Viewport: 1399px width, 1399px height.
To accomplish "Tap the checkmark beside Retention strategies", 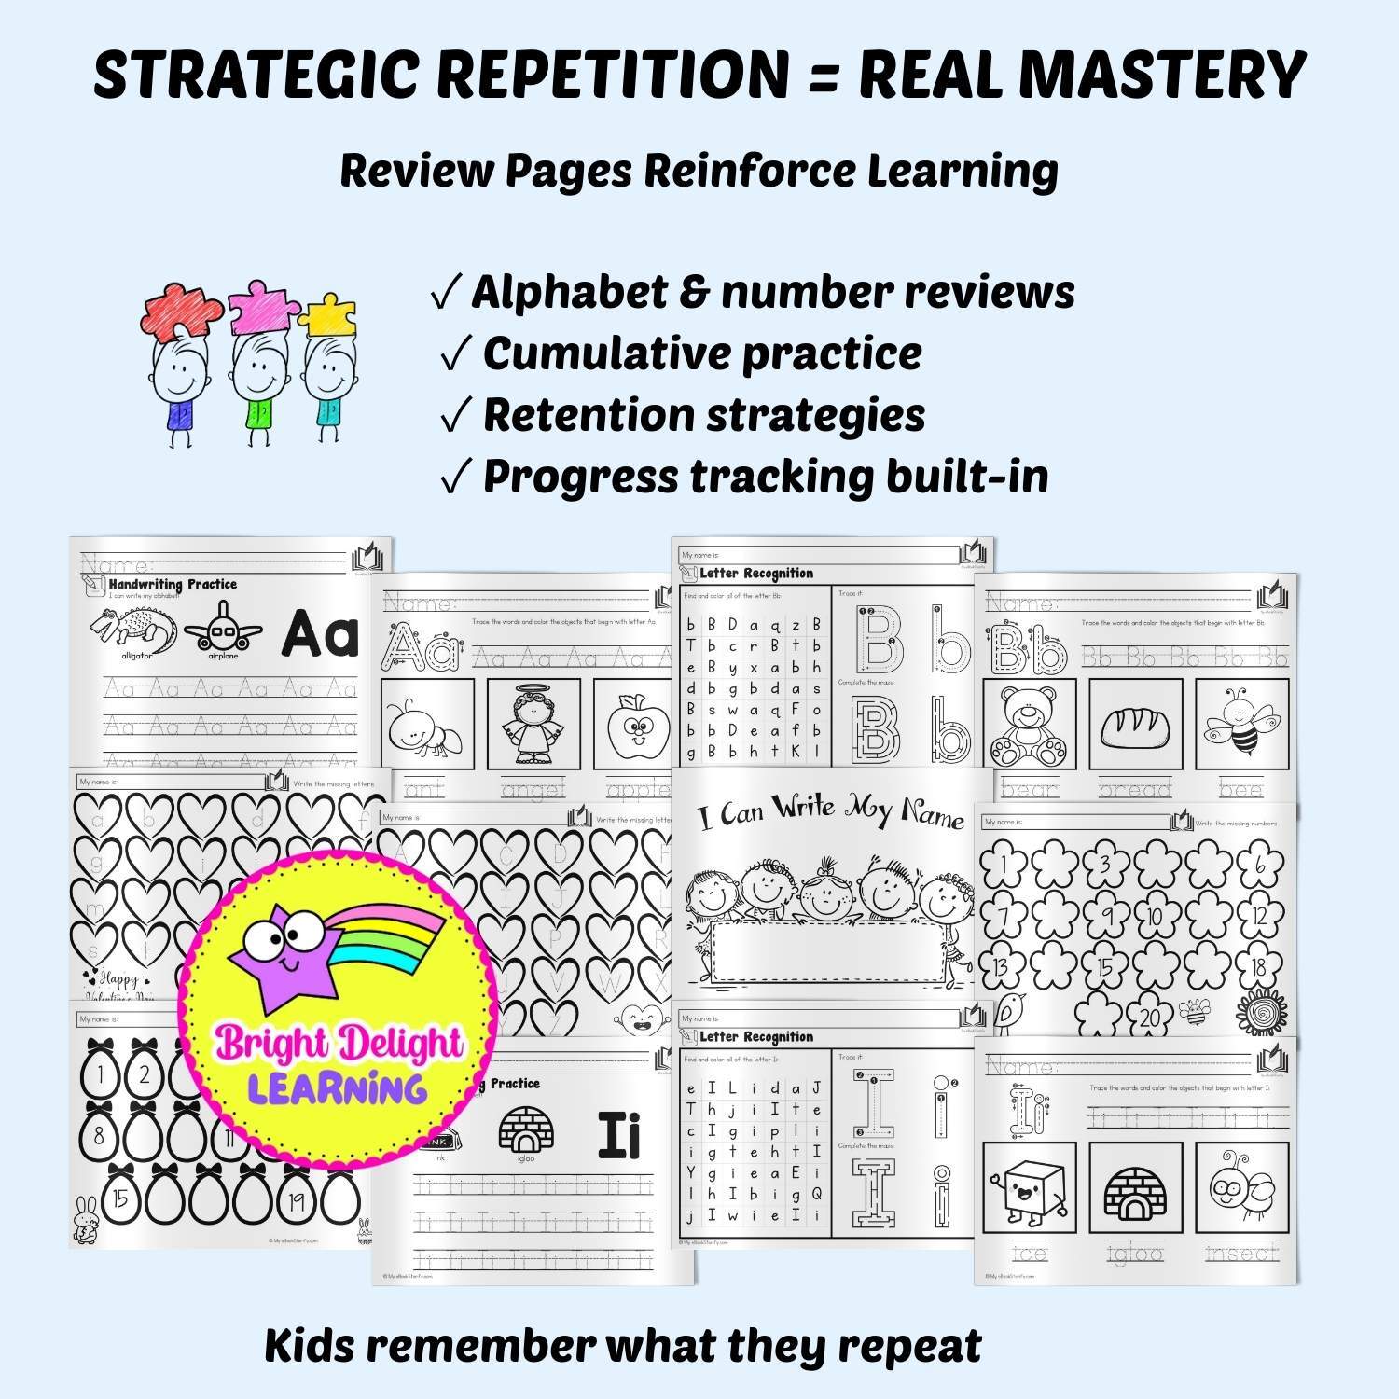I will (455, 418).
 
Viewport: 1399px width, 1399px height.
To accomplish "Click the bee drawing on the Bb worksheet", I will (1239, 724).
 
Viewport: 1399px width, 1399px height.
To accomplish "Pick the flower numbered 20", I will (1150, 1016).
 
